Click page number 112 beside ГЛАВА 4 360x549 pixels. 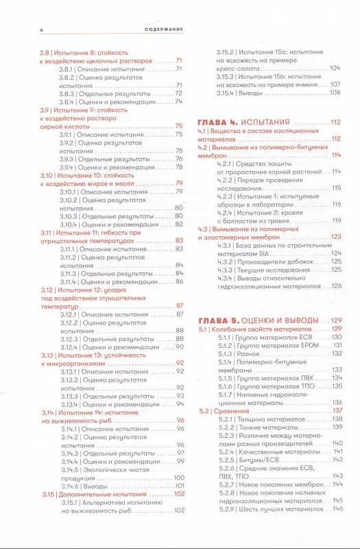tap(335, 122)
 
